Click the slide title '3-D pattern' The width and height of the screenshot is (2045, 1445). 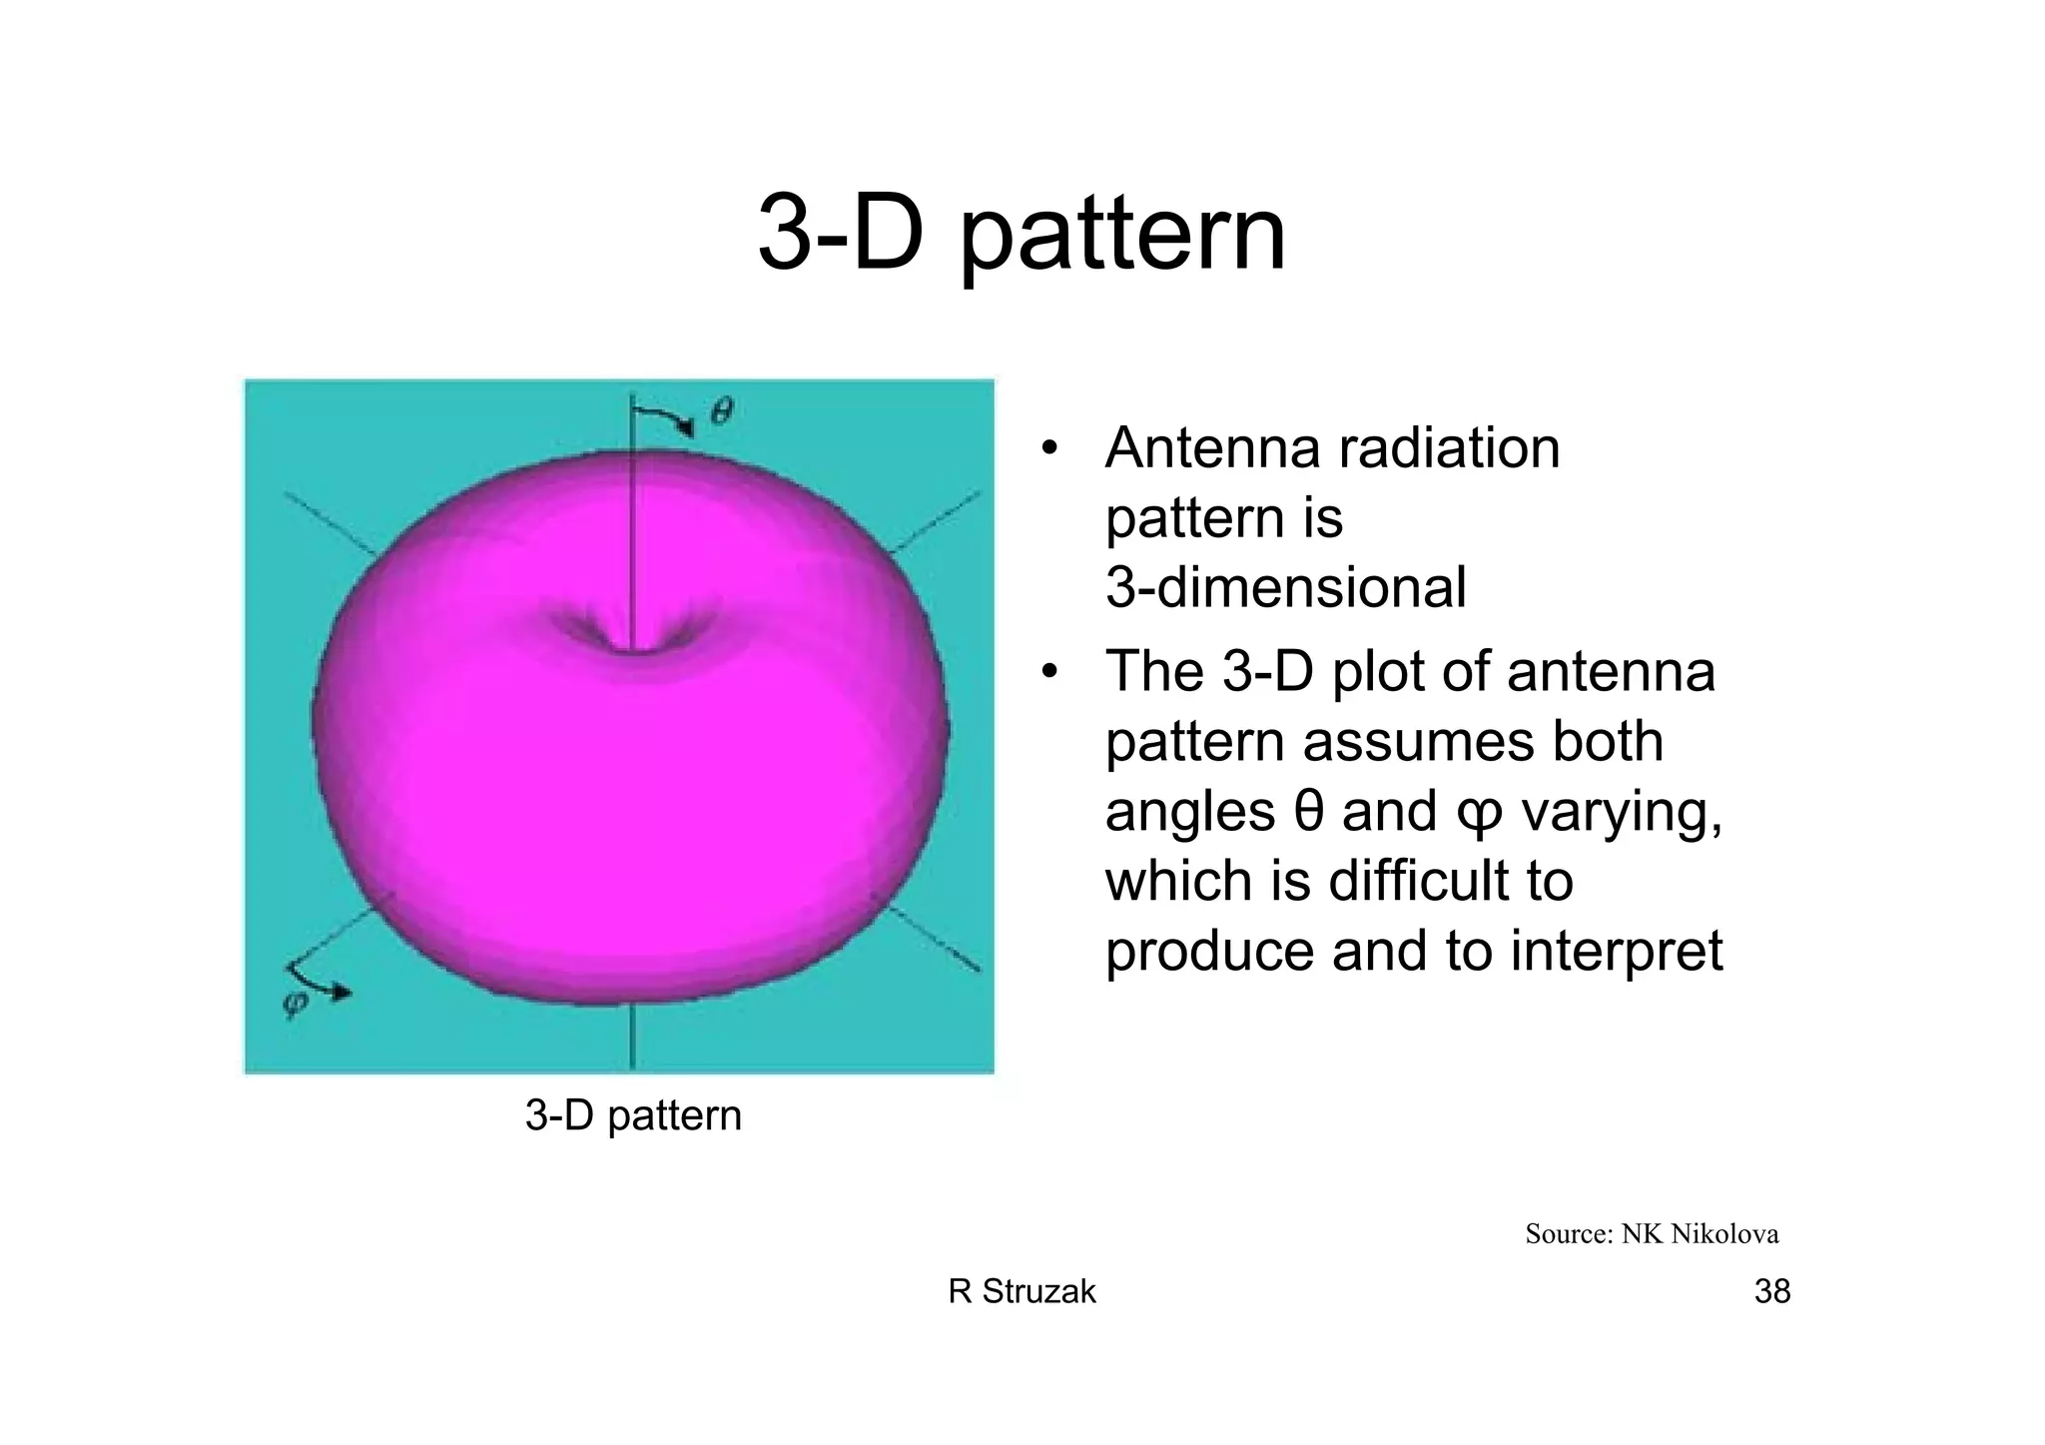[x=1022, y=235]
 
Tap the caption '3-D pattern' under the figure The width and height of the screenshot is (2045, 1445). [x=633, y=1115]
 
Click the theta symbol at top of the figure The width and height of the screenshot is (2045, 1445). [x=721, y=410]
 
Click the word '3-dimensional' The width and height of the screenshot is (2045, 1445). [x=1285, y=587]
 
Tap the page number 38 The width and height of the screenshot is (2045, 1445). [x=1771, y=1292]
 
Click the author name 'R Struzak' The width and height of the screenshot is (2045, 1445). [x=1022, y=1292]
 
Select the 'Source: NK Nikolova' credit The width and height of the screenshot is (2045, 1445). [x=1652, y=1234]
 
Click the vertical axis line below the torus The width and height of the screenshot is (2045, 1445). [x=631, y=1039]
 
